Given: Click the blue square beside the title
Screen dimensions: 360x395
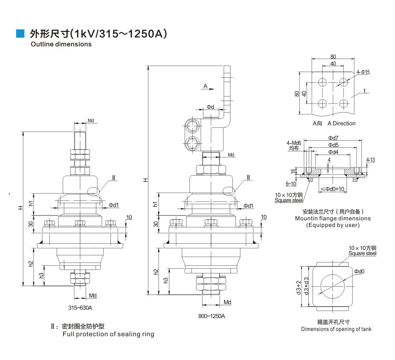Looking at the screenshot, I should (21, 34).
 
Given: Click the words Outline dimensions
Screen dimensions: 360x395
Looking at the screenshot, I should (61, 44).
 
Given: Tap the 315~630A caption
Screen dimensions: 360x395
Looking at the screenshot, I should (80, 308).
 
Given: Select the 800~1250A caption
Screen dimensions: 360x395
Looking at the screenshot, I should (212, 316).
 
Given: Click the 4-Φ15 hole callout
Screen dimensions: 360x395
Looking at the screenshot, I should (363, 72).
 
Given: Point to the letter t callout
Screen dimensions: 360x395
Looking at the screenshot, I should (364, 91).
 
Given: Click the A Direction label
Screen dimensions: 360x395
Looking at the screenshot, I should (341, 123).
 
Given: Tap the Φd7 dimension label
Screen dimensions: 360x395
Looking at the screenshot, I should (333, 138).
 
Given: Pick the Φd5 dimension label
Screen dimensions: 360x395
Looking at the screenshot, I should (333, 145).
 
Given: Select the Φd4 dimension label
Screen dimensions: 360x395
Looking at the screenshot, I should (333, 152).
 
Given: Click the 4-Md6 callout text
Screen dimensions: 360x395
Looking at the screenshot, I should (294, 143).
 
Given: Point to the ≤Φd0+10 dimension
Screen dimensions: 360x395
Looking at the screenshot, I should (333, 189).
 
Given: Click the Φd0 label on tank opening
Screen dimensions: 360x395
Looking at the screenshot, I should (359, 271).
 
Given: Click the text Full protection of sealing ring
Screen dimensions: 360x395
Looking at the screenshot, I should (108, 334).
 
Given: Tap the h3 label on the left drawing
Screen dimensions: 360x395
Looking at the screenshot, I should (41, 275).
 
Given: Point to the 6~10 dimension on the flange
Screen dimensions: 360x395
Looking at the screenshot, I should (291, 184).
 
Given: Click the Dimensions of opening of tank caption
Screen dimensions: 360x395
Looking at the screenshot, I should (336, 329).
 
